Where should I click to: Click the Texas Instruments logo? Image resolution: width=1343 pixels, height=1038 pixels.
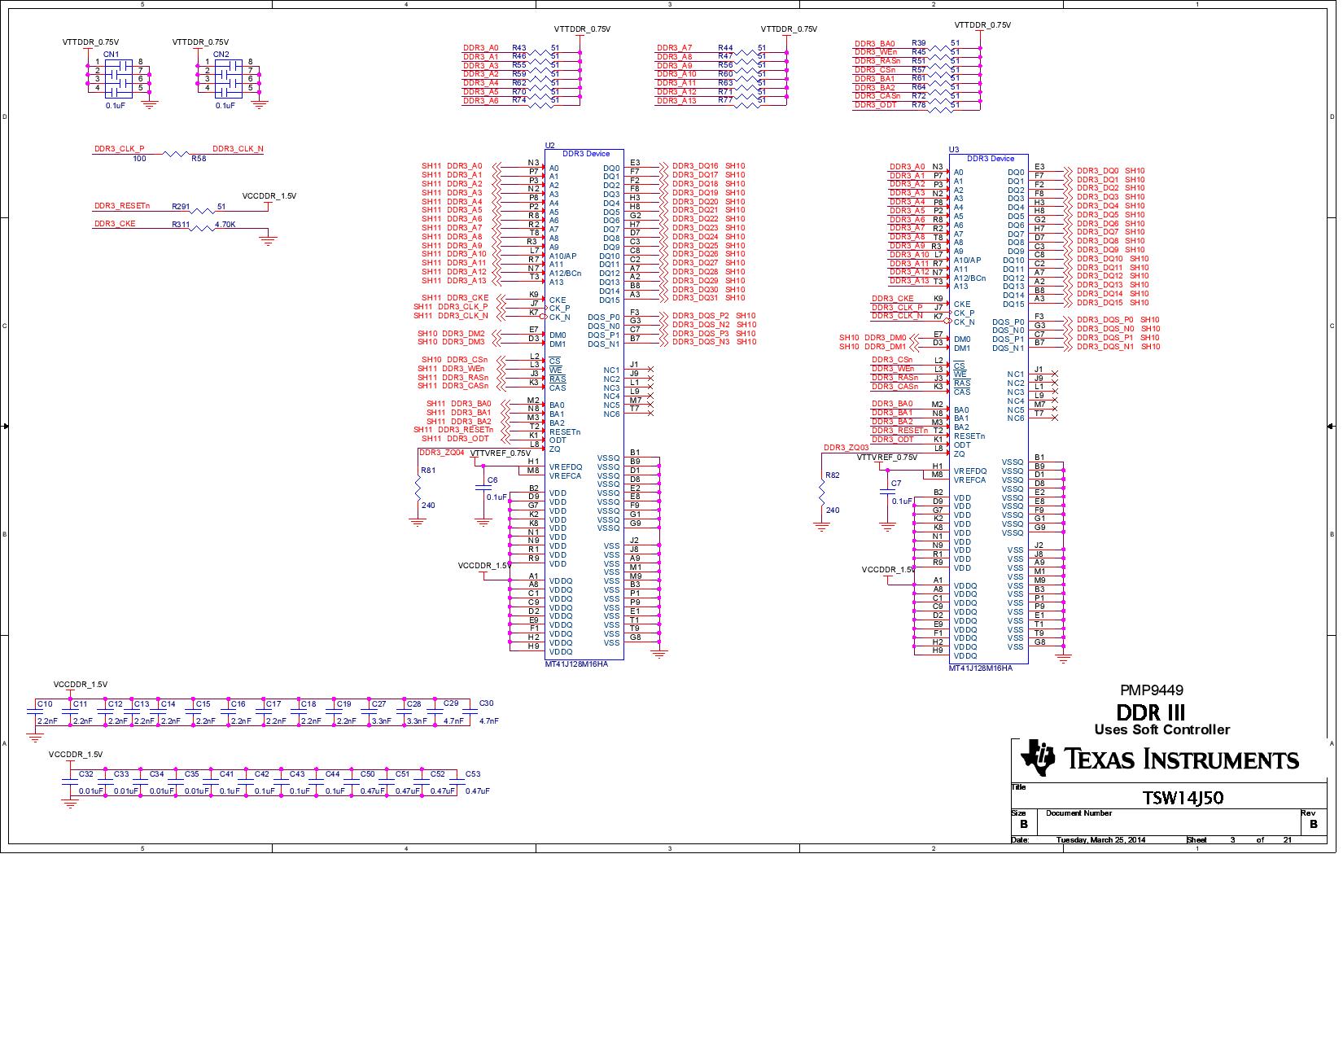coord(1160,759)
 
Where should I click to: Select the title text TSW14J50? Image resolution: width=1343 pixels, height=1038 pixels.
coord(1183,798)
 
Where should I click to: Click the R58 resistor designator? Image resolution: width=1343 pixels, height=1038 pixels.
coord(199,159)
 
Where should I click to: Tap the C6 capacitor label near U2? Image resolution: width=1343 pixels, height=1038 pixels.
coord(492,480)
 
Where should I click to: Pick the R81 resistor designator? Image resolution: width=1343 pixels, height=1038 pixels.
coord(427,470)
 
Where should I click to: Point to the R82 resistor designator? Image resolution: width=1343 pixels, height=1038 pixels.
coord(832,475)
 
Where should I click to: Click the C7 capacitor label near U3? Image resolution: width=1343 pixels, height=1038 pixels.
coord(896,484)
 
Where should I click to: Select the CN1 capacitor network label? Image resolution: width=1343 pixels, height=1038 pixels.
coord(111,54)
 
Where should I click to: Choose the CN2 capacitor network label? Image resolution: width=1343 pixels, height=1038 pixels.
coord(221,54)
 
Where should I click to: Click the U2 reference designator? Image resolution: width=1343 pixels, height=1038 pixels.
coord(549,145)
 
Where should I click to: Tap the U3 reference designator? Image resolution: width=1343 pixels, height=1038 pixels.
coord(954,150)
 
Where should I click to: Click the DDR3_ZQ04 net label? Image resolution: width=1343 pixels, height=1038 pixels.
coord(441,452)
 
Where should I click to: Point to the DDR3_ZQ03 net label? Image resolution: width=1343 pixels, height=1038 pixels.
coord(846,448)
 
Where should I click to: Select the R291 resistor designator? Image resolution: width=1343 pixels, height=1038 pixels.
coord(181,207)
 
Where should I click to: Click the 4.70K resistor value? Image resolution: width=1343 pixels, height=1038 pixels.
coord(225,224)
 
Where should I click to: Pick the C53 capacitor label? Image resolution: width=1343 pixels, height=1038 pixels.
coord(472,774)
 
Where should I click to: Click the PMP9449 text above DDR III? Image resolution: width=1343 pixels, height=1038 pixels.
coord(1151,690)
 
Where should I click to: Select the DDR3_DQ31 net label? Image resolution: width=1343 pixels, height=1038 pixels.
coord(695,298)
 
